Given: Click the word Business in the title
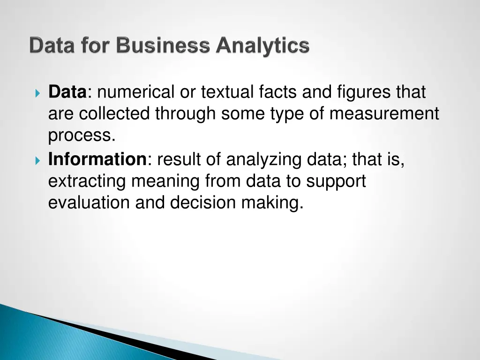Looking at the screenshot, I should [163, 46].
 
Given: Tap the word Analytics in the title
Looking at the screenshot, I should [262, 46].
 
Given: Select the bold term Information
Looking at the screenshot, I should [97, 160].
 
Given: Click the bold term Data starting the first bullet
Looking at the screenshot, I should [67, 92].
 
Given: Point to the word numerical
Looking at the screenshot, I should [136, 92].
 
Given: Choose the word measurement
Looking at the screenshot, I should [384, 114].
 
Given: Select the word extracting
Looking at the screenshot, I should [87, 181].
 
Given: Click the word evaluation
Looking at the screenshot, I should [89, 202].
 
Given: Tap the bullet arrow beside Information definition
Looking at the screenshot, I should [38, 161].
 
